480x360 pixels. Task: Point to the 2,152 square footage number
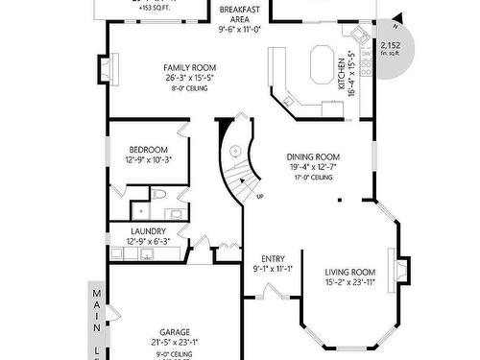coord(390,45)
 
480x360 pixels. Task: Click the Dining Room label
coord(309,156)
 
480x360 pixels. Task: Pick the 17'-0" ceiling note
coord(309,178)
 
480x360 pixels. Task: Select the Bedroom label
coord(149,150)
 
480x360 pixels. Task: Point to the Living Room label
coord(348,273)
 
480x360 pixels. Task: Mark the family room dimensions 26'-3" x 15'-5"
coord(186,78)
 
